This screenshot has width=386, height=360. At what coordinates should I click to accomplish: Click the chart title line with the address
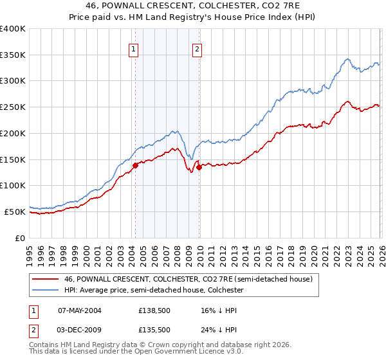click(x=192, y=6)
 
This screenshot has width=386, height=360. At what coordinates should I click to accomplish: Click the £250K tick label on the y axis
click(x=13, y=107)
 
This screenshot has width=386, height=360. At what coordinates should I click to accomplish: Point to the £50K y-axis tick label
click(x=15, y=212)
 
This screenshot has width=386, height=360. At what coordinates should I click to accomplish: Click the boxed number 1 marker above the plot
click(x=134, y=49)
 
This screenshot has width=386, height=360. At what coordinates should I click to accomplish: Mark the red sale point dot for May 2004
click(x=135, y=166)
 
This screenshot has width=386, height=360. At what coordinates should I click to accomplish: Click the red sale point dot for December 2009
click(x=199, y=167)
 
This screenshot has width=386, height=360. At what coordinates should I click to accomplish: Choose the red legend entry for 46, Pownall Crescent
click(x=188, y=279)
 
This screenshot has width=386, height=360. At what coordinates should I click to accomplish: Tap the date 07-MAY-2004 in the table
click(x=80, y=310)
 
